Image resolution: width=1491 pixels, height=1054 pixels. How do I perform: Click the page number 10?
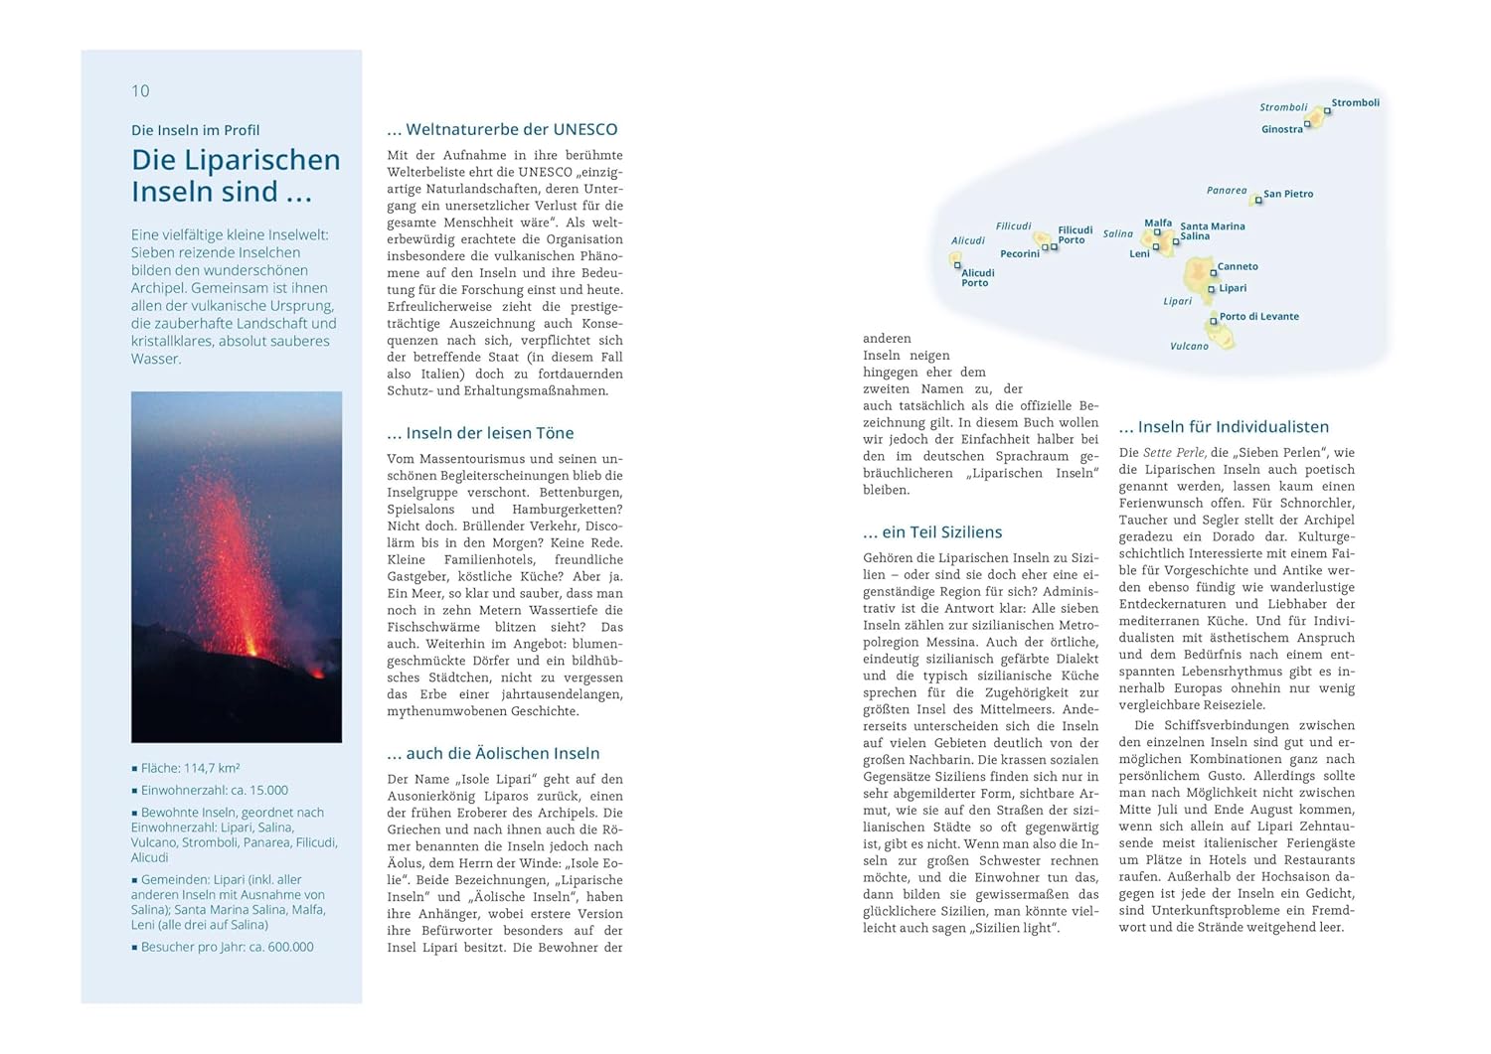140,91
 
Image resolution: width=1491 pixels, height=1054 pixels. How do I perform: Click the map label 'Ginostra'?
1281,129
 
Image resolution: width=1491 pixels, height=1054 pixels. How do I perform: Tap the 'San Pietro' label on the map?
1288,194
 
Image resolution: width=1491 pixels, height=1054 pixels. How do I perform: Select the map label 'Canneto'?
1238,266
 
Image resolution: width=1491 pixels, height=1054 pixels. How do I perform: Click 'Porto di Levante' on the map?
1258,316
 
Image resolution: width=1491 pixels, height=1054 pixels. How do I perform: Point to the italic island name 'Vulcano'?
1189,346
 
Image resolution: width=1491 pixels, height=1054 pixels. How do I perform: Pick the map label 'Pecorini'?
1019,253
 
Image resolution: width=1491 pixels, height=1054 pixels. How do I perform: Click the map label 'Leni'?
1139,253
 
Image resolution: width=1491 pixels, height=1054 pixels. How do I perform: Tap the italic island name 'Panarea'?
1227,190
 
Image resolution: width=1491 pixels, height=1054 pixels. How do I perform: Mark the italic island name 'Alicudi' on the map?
967,240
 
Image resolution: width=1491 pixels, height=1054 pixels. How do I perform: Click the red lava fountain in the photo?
236,556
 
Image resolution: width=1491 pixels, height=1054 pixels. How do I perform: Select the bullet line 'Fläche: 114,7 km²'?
190,768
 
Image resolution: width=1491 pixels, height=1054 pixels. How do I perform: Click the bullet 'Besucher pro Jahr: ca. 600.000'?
227,947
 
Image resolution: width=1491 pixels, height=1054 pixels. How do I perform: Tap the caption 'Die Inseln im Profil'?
195,130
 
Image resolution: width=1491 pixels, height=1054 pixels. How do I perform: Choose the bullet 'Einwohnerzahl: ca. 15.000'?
214,790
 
